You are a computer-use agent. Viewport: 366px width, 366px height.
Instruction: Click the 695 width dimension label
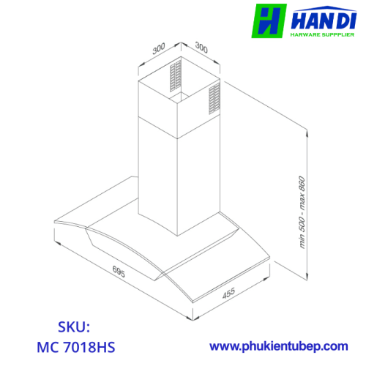119,272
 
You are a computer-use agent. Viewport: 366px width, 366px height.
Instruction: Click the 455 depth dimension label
228,293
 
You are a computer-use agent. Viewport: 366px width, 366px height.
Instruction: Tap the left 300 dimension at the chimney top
159,48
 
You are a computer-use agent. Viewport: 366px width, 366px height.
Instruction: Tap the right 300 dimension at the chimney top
201,48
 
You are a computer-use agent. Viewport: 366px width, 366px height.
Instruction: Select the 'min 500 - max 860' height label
302,212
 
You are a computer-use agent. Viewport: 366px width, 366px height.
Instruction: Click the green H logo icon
269,21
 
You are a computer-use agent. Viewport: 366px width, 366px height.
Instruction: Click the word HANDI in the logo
324,20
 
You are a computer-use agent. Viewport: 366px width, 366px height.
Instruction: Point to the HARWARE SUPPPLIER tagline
322,34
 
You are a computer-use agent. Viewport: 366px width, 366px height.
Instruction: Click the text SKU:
74,327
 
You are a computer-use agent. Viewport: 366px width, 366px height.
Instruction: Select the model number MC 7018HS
76,347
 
